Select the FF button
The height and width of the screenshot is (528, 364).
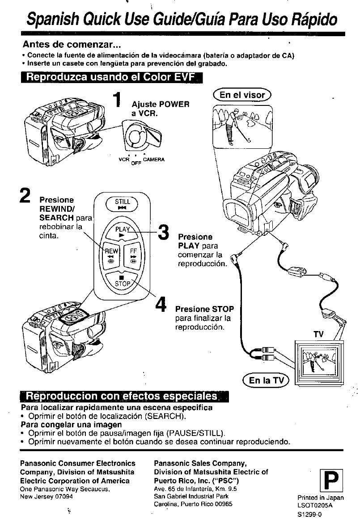pos(133,255)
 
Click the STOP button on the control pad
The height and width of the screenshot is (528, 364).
pos(122,281)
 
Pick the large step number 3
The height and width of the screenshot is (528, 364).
pos(164,234)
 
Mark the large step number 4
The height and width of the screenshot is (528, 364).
pos(161,306)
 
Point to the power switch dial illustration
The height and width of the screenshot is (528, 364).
pos(142,137)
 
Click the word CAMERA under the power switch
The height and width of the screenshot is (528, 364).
pos(155,159)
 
